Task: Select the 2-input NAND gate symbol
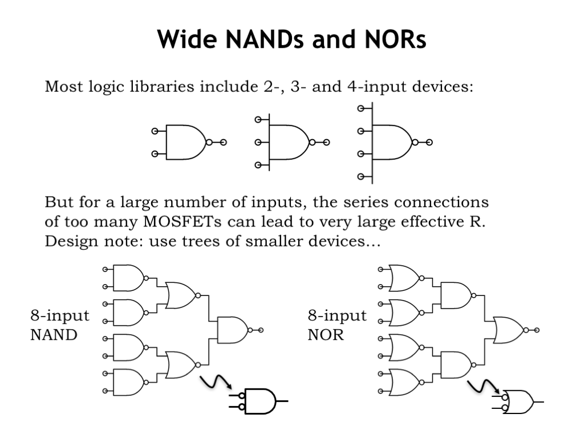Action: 185,143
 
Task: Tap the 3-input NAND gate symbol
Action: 289,143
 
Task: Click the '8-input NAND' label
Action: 59,325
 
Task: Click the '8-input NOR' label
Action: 337,325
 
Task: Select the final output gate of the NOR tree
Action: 509,330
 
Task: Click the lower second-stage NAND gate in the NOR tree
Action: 457,365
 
